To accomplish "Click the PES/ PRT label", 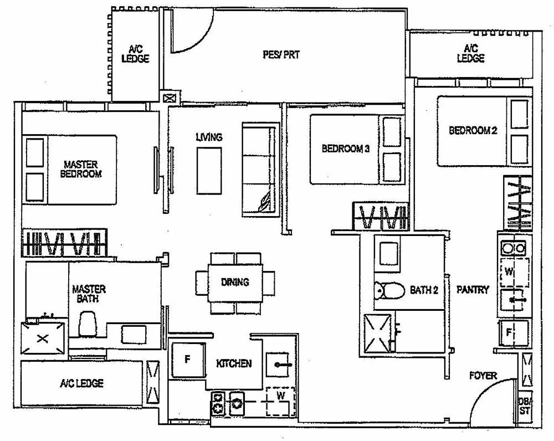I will click(x=281, y=55).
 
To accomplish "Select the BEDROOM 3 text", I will click(x=345, y=148).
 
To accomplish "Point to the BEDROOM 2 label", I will click(x=473, y=130).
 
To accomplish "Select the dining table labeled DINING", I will click(x=235, y=282).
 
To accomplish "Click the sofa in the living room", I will click(x=259, y=170).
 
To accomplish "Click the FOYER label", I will click(x=483, y=376).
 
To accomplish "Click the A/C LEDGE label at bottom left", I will click(x=81, y=383).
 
